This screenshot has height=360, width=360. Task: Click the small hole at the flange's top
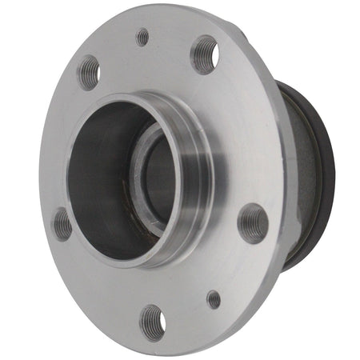[142, 37]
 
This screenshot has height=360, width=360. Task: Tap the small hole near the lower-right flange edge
[214, 299]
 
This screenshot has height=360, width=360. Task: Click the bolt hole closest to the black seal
[253, 222]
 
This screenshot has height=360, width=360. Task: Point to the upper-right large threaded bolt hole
[206, 54]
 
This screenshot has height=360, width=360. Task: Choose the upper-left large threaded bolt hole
[88, 72]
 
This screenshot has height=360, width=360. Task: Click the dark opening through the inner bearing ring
[160, 180]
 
